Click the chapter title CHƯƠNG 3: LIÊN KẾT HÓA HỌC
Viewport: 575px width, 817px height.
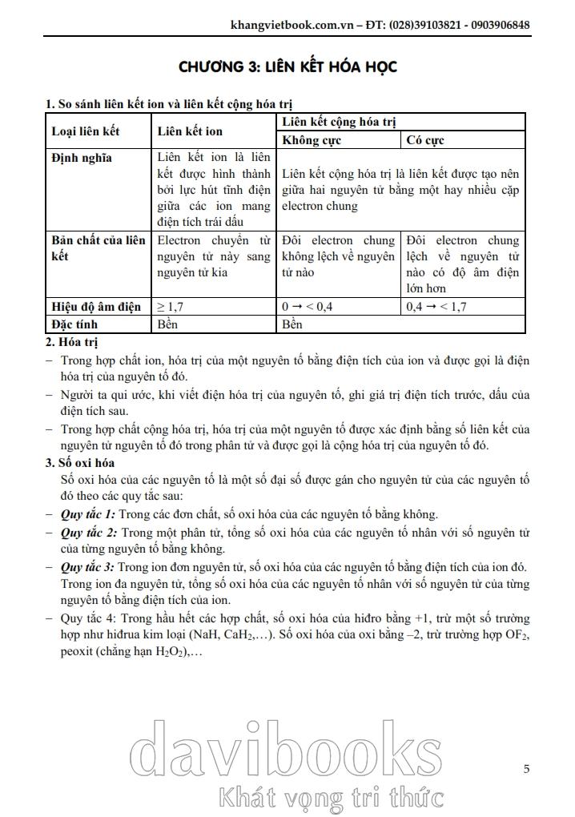pos(287,66)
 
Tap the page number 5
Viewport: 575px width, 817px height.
pos(526,769)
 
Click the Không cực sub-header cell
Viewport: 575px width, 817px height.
pos(312,140)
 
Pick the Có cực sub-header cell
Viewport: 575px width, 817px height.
pos(425,140)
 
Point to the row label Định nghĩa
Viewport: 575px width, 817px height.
pos(82,158)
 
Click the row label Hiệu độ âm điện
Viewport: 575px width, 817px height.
pos(96,306)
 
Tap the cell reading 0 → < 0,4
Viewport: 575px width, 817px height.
pos(308,306)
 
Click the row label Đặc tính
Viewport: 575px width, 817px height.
pos(78,324)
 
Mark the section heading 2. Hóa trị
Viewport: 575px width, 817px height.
pos(71,342)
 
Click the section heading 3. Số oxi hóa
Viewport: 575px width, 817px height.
pos(80,463)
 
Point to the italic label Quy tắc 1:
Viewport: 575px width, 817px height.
pos(88,514)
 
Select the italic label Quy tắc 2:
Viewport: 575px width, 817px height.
pos(88,532)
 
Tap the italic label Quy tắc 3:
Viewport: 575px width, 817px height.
pos(88,567)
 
